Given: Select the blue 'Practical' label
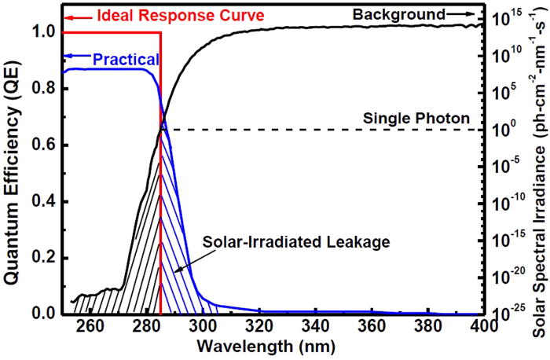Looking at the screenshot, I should tap(126, 59).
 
